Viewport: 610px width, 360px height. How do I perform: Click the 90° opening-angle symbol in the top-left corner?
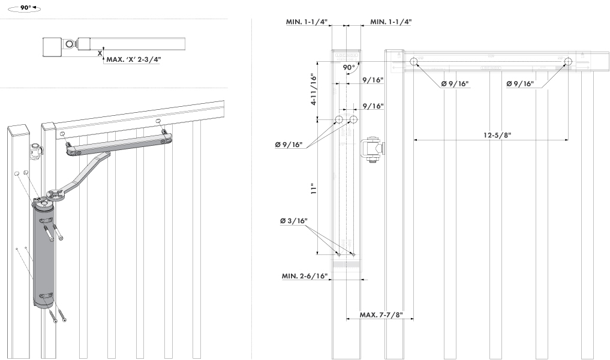point(25,10)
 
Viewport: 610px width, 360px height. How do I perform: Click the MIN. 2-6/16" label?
point(305,276)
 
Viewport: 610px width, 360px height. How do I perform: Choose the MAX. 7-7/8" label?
point(380,315)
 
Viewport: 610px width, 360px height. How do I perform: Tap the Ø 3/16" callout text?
point(294,221)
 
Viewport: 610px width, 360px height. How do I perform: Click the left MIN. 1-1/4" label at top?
point(306,22)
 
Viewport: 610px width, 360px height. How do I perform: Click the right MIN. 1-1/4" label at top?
point(390,22)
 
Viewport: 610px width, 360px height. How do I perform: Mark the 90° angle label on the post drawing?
point(349,68)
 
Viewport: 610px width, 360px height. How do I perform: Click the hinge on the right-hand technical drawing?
point(372,150)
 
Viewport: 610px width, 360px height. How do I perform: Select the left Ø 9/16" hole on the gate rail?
point(414,61)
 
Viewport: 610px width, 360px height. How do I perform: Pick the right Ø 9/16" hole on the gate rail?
point(567,61)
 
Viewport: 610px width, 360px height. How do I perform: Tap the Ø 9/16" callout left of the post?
point(289,145)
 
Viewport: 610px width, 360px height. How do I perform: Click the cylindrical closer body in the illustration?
point(43,255)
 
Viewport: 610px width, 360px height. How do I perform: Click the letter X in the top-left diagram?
point(100,53)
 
